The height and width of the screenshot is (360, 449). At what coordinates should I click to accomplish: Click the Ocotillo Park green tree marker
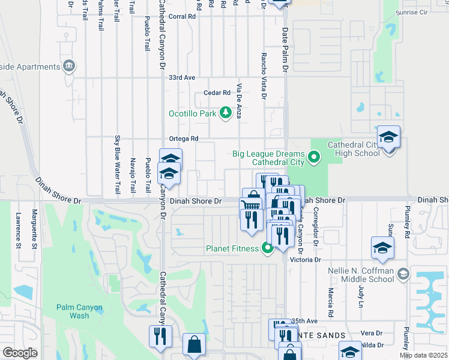click(225, 113)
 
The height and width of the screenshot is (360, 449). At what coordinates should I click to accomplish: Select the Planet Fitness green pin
click(268, 248)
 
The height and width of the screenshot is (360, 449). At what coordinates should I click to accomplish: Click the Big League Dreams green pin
click(313, 158)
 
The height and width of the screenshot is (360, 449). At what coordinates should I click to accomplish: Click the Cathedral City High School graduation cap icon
click(388, 138)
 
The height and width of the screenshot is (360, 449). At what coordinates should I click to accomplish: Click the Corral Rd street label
click(182, 17)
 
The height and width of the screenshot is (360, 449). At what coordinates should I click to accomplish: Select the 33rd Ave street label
click(182, 78)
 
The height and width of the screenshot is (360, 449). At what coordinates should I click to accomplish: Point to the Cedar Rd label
click(217, 93)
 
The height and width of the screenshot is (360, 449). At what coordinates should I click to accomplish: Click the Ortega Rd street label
click(183, 139)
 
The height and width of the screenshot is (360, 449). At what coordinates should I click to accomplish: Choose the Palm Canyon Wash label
click(80, 311)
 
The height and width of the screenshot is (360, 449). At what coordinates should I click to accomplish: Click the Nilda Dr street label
click(373, 346)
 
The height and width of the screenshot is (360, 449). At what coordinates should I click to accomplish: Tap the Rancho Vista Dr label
click(264, 75)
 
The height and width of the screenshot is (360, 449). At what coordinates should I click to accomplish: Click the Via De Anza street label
click(239, 101)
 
